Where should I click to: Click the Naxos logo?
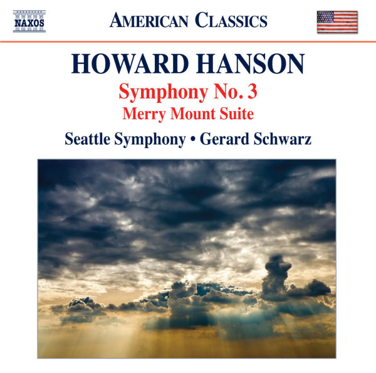(x=29, y=21)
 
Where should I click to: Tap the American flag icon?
(x=337, y=22)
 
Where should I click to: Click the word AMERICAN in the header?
(x=149, y=21)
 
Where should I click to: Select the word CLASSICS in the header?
(x=231, y=20)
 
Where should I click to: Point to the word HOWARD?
(x=130, y=63)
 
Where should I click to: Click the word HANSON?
(x=250, y=63)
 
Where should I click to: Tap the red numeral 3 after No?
(x=253, y=92)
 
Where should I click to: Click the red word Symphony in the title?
(x=164, y=93)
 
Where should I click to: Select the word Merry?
(x=144, y=114)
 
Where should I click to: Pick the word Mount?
(x=193, y=113)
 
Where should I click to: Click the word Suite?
(x=237, y=113)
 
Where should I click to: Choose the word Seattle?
(x=88, y=139)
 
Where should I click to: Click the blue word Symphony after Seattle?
(x=150, y=140)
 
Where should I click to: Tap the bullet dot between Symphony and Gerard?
(x=193, y=140)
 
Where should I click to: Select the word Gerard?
(x=224, y=139)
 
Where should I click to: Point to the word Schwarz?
(x=283, y=139)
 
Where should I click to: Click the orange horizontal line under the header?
(x=188, y=42)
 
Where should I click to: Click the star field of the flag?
(x=325, y=16)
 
